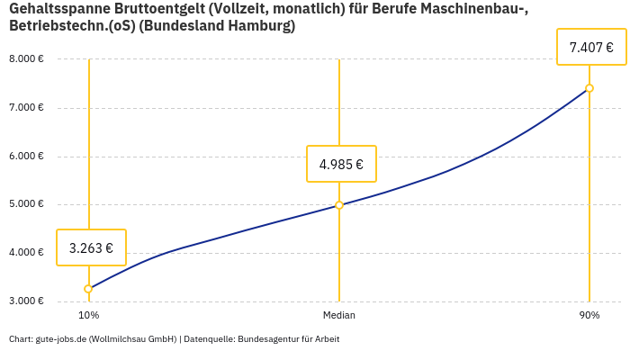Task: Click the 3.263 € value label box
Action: (91, 247)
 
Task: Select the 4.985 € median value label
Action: (341, 164)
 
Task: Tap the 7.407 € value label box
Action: (591, 47)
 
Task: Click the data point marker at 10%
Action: (88, 289)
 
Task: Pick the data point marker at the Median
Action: (339, 205)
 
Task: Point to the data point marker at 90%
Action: (589, 88)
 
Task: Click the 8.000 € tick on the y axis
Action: (26, 59)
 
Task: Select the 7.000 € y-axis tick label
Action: (26, 108)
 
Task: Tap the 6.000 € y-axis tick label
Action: (26, 156)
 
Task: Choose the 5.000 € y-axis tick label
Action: (26, 204)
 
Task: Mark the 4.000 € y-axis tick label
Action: (26, 253)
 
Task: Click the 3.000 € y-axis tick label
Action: (26, 301)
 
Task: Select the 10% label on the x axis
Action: (88, 316)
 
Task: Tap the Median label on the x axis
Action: (339, 316)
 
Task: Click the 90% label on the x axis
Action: (589, 316)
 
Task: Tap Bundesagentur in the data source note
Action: (266, 339)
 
